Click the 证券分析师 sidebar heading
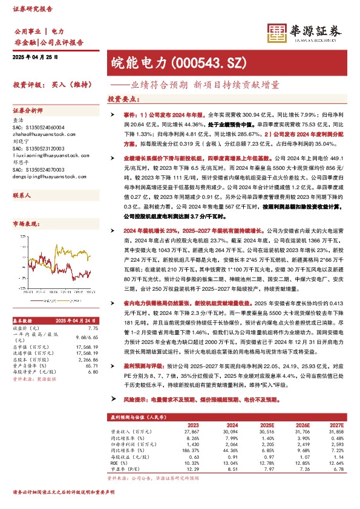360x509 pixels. (x=28, y=111)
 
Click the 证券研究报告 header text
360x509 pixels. (x=31, y=9)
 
